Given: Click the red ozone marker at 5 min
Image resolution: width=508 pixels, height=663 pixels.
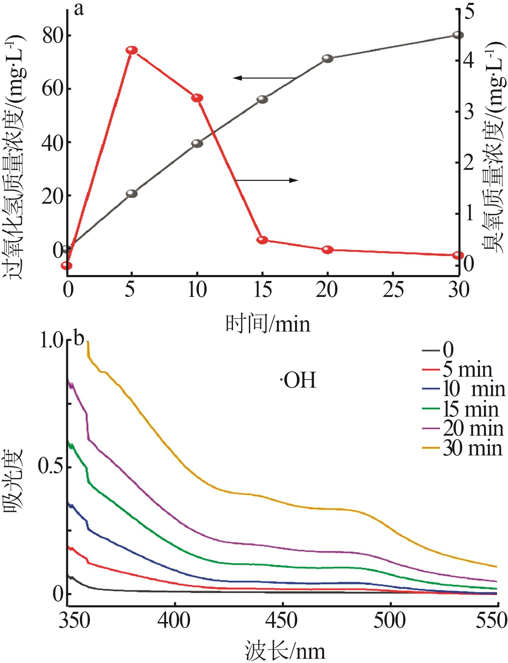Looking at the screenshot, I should [x=131, y=50].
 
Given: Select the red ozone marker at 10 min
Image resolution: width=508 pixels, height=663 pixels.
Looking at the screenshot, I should [x=197, y=98].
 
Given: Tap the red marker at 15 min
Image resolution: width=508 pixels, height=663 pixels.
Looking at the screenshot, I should [x=262, y=240].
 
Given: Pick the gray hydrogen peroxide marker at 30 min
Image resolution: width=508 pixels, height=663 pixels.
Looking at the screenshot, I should [x=458, y=35].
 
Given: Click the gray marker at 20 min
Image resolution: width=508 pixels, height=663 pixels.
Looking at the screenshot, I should [x=328, y=59].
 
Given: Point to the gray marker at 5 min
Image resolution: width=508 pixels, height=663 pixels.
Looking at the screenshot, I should [x=131, y=193].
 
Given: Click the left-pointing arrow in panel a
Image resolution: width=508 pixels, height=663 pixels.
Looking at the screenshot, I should [x=264, y=78].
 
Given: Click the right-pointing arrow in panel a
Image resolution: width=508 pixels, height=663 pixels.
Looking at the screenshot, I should [x=266, y=180].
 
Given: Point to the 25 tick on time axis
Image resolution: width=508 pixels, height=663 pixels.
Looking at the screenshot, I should [x=393, y=290].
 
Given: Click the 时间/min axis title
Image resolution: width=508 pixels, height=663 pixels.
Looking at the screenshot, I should [x=268, y=324].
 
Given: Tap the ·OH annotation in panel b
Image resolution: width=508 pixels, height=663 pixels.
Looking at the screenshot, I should [x=298, y=381].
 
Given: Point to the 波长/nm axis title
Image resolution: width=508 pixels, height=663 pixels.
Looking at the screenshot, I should [x=285, y=651].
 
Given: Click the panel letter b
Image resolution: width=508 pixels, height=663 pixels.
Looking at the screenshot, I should [x=79, y=338].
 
